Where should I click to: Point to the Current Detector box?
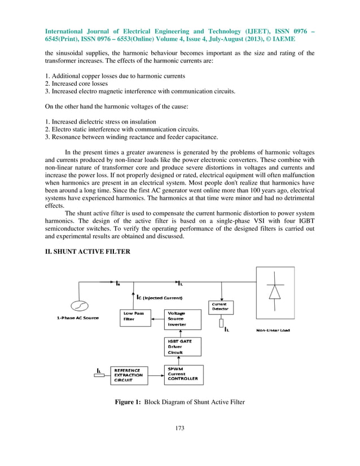221,307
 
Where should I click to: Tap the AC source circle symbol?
79,306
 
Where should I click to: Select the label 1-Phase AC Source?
79,318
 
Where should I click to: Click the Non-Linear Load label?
273,330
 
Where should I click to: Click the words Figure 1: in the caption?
128,403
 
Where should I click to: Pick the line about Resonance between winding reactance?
125,137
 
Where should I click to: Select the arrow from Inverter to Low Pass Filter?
157,319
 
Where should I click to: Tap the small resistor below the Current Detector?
221,324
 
